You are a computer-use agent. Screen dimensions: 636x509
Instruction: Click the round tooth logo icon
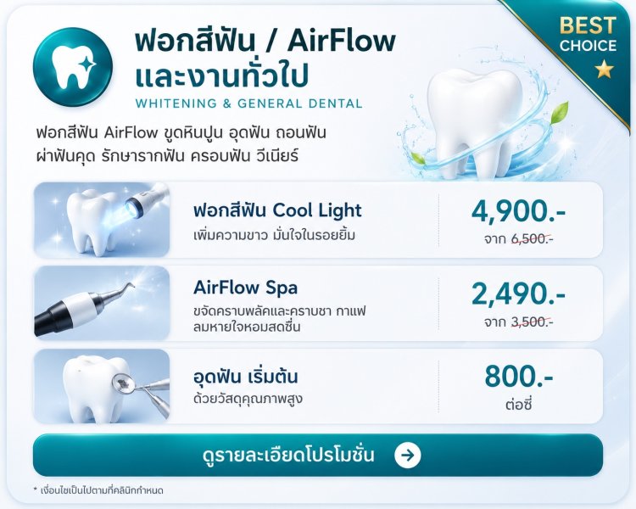point(73,67)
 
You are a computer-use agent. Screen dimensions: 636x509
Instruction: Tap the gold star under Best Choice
point(604,69)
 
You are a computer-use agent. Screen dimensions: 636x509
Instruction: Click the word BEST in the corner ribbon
point(588,25)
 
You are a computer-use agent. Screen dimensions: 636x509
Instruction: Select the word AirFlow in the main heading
point(341,41)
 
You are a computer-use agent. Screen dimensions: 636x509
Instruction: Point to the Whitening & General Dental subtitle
point(248,103)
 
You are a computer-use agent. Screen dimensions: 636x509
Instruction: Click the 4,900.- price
point(518,212)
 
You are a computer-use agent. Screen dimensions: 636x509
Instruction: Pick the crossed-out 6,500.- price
point(533,238)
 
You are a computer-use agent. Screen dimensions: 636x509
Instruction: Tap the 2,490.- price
point(518,294)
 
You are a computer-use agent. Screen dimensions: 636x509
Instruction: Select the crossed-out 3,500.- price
point(533,322)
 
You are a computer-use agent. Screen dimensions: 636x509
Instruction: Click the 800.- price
point(519,377)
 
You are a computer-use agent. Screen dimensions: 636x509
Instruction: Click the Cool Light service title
point(277,210)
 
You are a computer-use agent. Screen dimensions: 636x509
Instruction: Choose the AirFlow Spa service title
point(245,288)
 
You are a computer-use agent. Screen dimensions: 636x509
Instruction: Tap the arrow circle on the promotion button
point(407,455)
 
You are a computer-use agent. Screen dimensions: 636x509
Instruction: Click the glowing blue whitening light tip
point(133,202)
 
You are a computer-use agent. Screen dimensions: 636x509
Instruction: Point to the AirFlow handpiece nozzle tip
point(131,285)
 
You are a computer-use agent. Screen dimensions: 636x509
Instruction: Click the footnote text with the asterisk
point(98,490)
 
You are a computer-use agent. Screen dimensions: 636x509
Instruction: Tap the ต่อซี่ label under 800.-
point(519,404)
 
